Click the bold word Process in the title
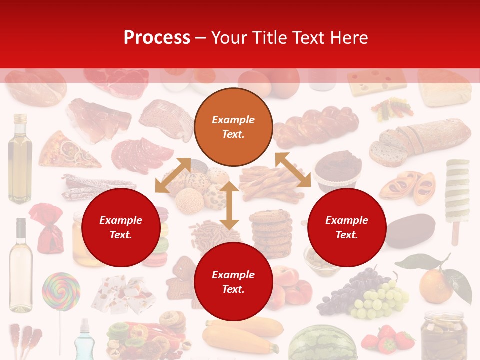(x=157, y=38)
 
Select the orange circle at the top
(x=233, y=127)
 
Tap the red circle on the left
(x=121, y=227)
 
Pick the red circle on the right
(x=347, y=227)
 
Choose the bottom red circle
(x=233, y=282)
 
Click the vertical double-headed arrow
(x=229, y=205)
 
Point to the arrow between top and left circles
(x=173, y=175)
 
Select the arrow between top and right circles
(x=293, y=170)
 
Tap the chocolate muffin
(x=338, y=170)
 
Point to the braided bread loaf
(x=316, y=128)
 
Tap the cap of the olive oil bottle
(x=20, y=119)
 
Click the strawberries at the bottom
(x=387, y=340)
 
